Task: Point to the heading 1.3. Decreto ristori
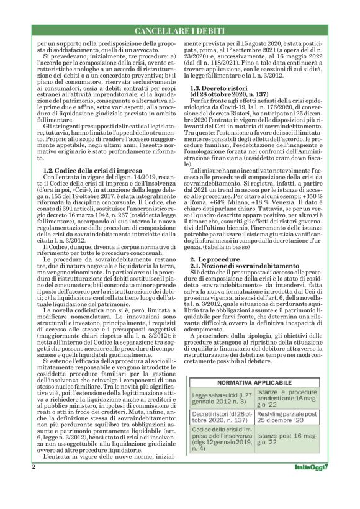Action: tap(217, 89)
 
